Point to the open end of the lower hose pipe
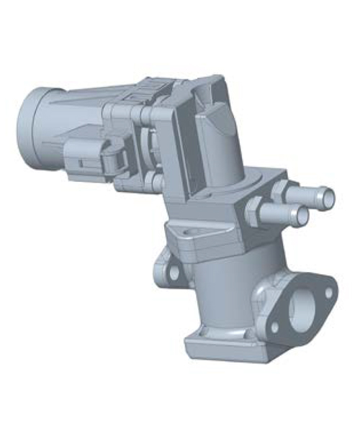tap(303, 216)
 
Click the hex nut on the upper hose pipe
tap(279, 191)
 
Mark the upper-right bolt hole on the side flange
tap(328, 292)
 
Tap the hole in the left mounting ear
tap(173, 273)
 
